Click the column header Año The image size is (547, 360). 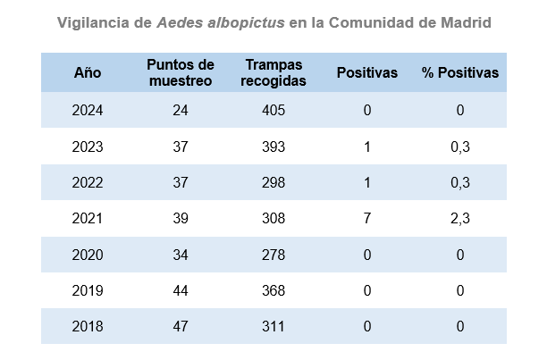(x=88, y=73)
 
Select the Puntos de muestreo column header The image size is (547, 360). (x=181, y=73)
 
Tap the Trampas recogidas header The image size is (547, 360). (x=274, y=73)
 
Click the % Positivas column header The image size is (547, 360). (x=460, y=73)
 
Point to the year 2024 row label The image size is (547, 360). (x=88, y=111)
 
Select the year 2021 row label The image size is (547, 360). (x=88, y=219)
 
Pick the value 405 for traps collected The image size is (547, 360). (x=273, y=111)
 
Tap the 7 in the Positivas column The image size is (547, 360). (x=367, y=219)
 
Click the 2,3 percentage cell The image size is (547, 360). (x=460, y=219)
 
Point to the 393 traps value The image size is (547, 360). (x=273, y=147)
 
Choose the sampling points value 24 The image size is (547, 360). (x=181, y=111)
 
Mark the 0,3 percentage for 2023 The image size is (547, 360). (x=460, y=147)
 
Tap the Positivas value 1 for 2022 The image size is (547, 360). (x=367, y=183)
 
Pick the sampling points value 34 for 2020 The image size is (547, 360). (x=181, y=255)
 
